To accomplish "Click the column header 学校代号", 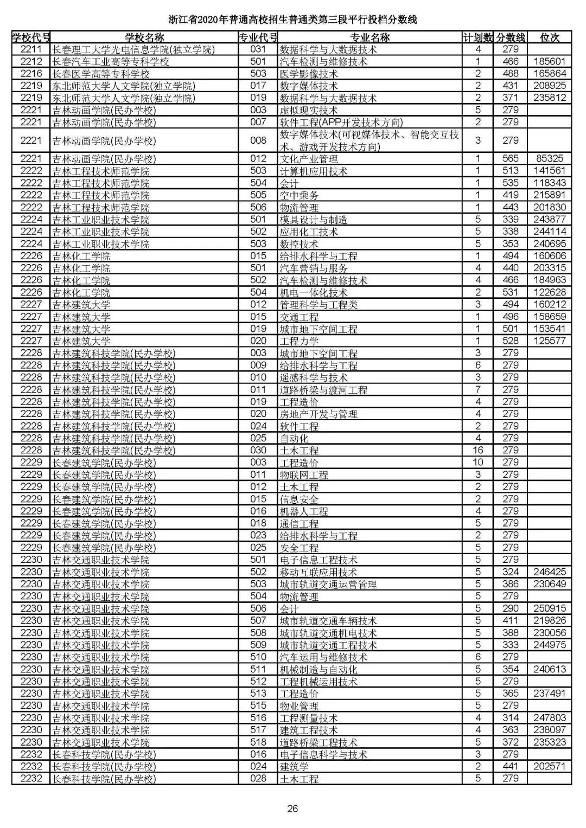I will pos(31,37).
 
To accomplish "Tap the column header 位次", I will pos(550,37).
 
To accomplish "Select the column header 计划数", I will pos(477,37).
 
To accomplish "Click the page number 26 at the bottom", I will pos(292,809).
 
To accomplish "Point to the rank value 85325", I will pos(550,159).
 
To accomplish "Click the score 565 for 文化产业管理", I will pos(511,159).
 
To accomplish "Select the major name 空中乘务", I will pos(299,195).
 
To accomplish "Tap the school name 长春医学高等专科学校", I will pos(101,74).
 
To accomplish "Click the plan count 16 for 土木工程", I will pos(477,450).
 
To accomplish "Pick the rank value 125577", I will pos(550,341).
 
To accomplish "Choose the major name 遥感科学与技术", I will pos(313,377).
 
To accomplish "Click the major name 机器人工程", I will pos(304,511).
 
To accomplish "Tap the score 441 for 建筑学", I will pos(511,766).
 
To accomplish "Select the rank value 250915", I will pos(550,608).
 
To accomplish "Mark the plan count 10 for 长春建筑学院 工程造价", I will pos(477,463).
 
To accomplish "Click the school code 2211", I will pos(31,49).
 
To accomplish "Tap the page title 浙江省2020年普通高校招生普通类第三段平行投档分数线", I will pos(292,20).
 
